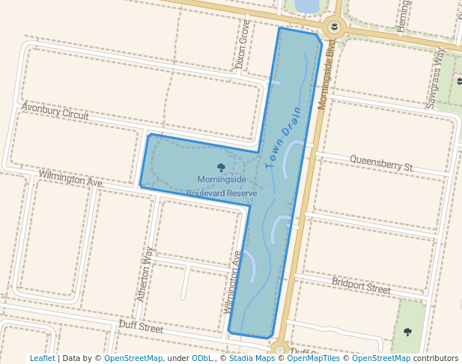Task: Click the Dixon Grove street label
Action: [242, 44]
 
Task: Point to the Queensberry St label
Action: [381, 162]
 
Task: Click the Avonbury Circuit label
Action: [55, 112]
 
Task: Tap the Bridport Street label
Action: [361, 285]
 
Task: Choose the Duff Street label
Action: [141, 327]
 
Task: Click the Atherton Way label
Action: [145, 275]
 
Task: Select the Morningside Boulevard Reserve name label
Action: [222, 186]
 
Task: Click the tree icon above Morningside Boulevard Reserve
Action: [222, 168]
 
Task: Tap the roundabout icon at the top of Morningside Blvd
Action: [334, 28]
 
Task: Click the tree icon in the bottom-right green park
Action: [408, 331]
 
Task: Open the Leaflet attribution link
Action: [43, 358]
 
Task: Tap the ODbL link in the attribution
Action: [202, 358]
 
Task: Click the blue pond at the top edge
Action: [307, 6]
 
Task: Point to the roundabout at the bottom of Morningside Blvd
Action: [280, 348]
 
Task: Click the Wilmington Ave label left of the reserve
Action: [70, 178]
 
